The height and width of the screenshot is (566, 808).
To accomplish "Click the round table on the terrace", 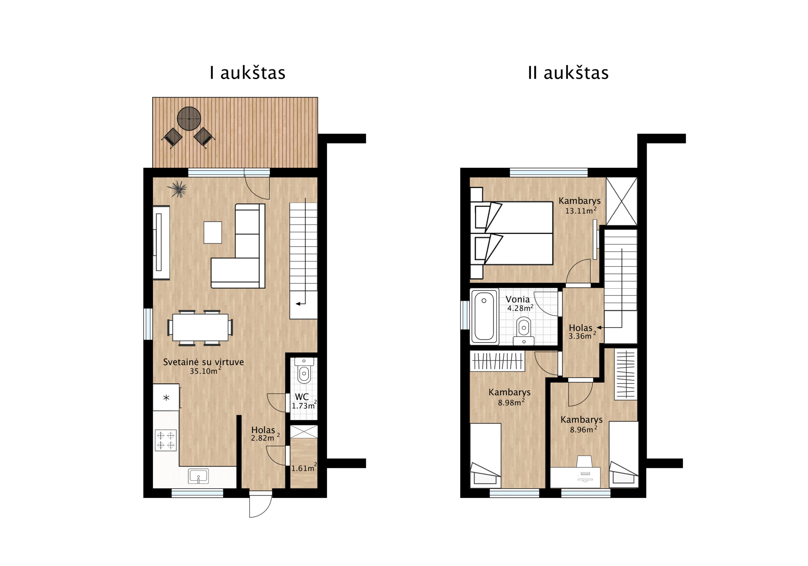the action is point(189,119).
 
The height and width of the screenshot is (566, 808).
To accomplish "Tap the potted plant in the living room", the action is point(178,189).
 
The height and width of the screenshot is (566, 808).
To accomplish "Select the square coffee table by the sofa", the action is point(212,232).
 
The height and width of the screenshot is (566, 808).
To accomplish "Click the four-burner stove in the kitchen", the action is point(165,440).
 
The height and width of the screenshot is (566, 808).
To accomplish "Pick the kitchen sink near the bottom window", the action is point(198,476).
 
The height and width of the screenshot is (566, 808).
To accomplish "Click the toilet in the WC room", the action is point(304,371).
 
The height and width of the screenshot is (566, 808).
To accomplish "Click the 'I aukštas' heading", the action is point(247,73).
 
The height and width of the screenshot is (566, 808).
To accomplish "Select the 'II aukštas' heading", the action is point(568,73).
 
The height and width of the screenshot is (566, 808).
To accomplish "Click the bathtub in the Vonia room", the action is point(484,316).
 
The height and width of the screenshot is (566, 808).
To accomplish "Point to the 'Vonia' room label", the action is point(517,299).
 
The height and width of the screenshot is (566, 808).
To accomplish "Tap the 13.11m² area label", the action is point(581,210).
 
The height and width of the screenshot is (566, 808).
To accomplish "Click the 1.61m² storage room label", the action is point(304,468).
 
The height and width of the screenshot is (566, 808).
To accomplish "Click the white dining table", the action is point(200,327).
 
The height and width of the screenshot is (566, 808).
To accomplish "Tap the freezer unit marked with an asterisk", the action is point(166,397).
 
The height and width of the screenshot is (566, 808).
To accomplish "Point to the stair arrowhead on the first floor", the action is point(298,303).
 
